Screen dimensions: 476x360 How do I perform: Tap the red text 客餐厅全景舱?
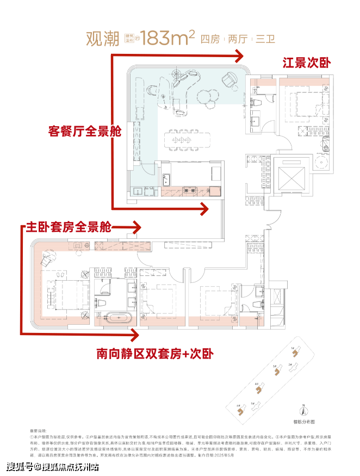coord(84,132)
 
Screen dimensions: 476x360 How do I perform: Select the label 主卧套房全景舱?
coord(69,227)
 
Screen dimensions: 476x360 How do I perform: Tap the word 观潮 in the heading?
coord(103,39)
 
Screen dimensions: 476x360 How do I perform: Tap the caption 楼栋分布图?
coord(305,422)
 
